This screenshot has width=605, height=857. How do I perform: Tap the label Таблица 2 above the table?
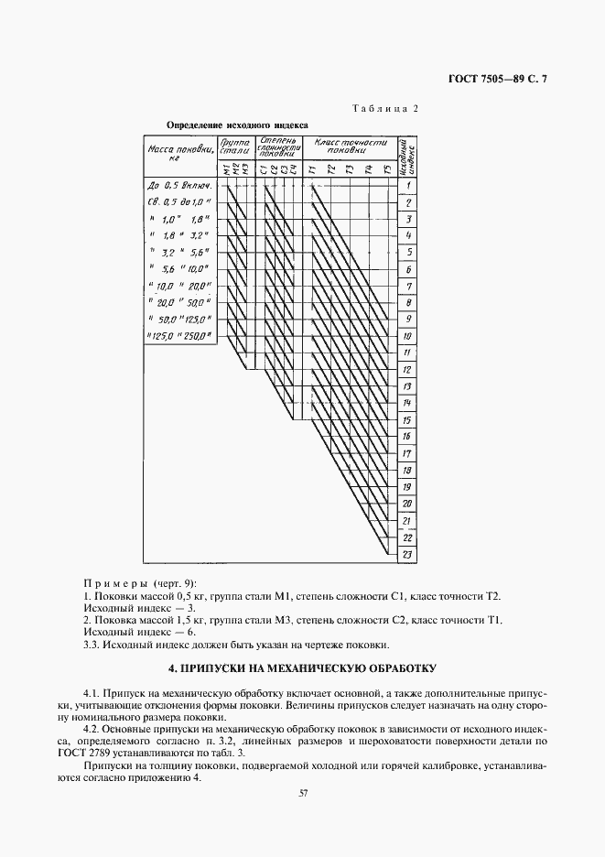384,108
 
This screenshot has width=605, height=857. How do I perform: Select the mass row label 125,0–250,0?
179,336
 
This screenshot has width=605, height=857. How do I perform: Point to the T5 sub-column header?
387,168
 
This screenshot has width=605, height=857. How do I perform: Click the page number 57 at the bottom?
303,793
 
